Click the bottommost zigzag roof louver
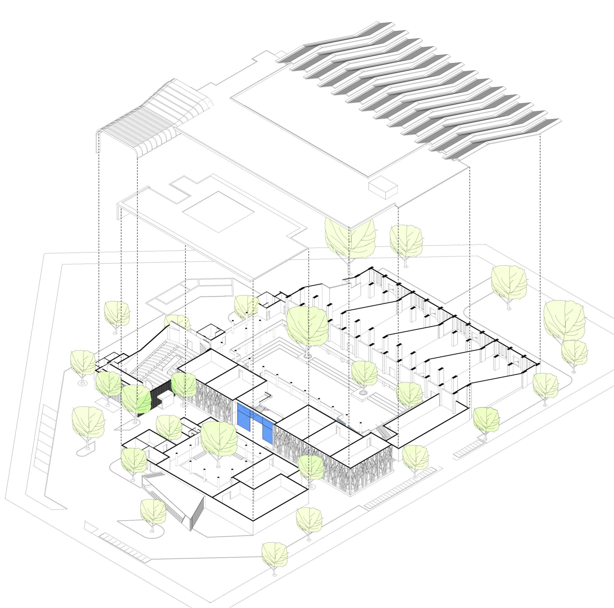[502, 140]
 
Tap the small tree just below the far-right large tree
[574, 353]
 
